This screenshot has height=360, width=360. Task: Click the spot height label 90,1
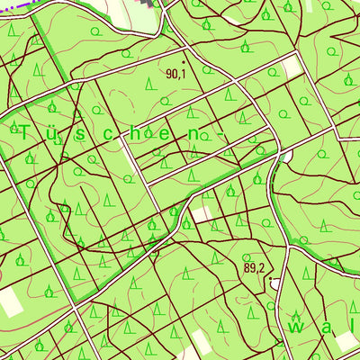click(175, 74)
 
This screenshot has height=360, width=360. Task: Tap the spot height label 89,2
click(253, 267)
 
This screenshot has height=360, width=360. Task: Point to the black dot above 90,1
click(184, 62)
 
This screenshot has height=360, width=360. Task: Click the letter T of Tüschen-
click(23, 132)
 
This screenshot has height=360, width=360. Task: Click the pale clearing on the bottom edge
click(203, 346)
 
